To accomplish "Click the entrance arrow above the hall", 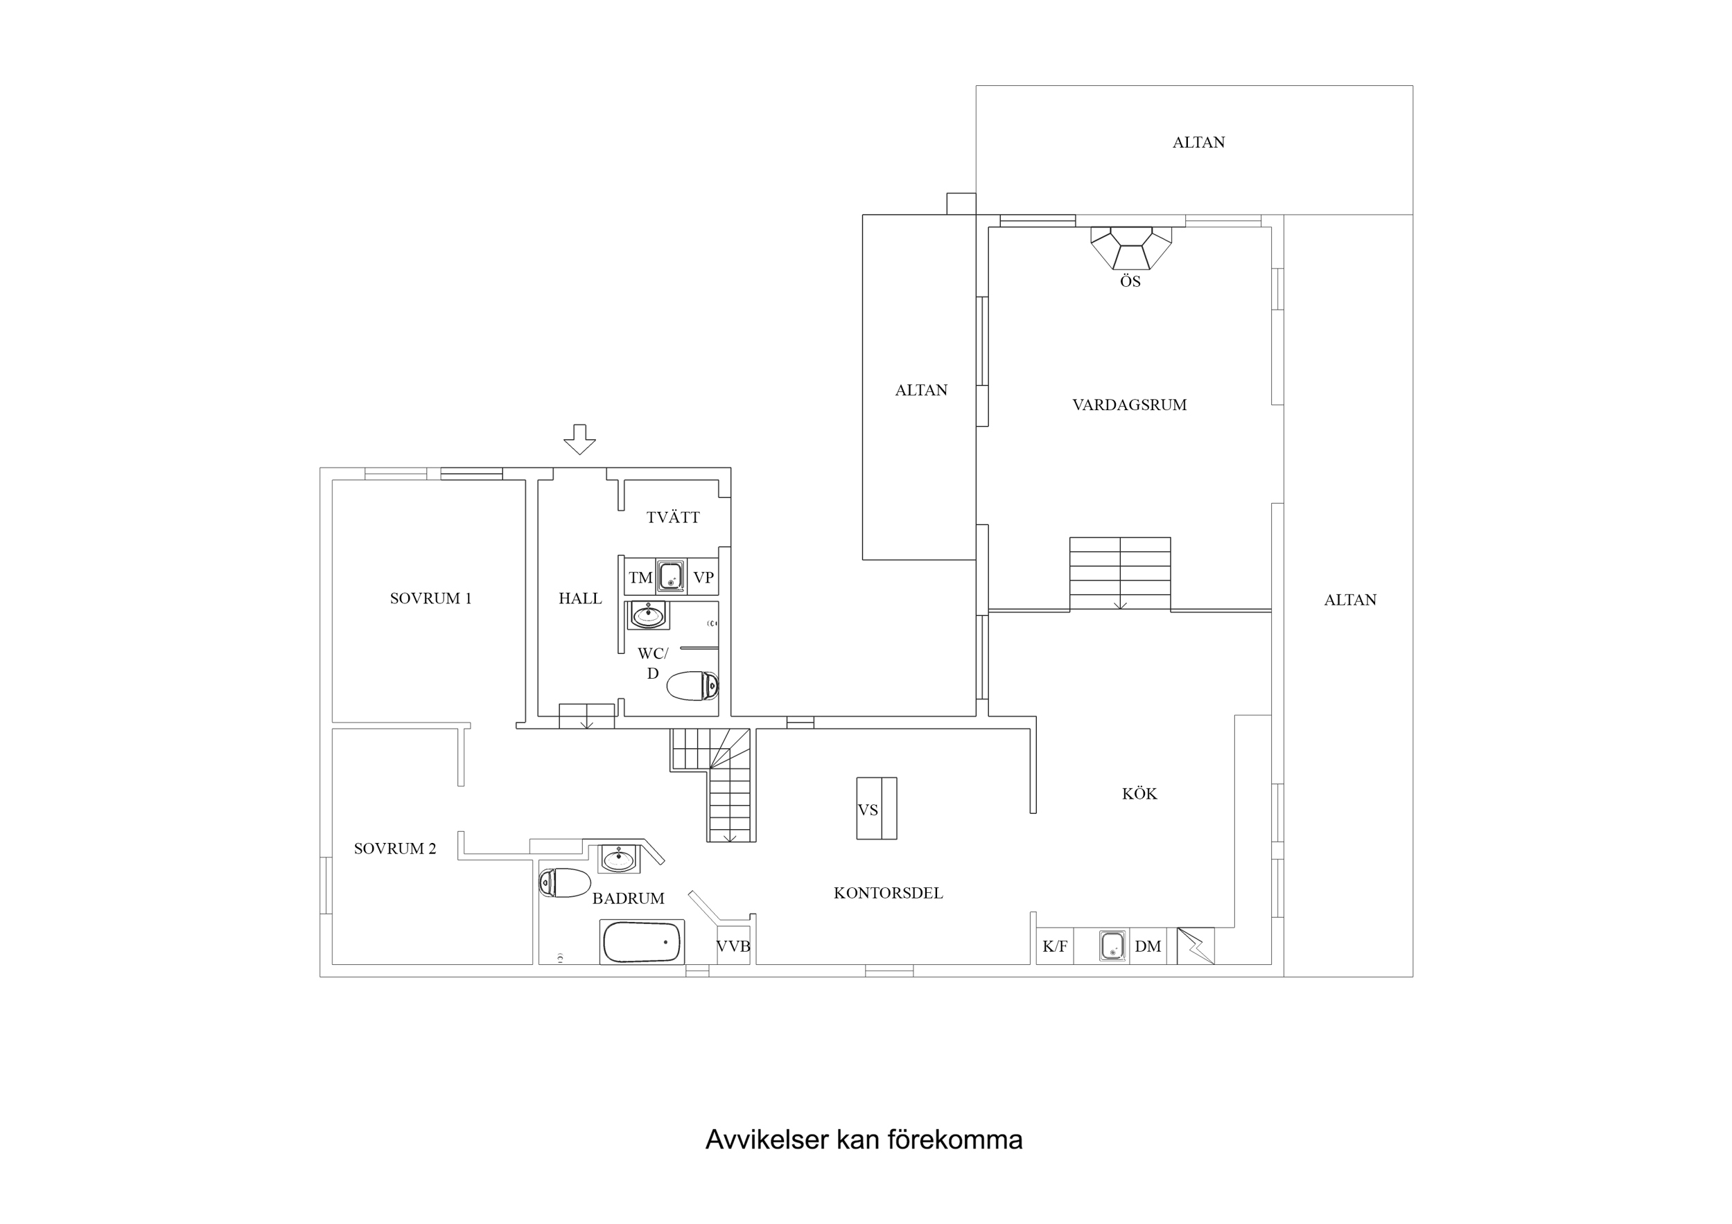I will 579,439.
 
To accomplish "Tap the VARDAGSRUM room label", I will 1129,405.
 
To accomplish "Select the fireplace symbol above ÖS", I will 1131,247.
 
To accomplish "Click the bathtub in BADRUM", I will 642,942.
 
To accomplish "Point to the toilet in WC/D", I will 692,686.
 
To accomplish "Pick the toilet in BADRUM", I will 565,882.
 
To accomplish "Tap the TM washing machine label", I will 640,578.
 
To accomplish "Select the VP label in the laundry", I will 703,578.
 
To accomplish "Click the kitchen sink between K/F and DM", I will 1112,946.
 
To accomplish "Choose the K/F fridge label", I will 1055,946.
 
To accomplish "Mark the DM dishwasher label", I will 1147,946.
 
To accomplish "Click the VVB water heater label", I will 733,946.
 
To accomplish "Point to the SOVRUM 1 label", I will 430,598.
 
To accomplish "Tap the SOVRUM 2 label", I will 394,849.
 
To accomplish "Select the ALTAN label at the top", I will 1198,143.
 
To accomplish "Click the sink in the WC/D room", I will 648,615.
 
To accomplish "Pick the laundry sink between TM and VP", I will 670,577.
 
